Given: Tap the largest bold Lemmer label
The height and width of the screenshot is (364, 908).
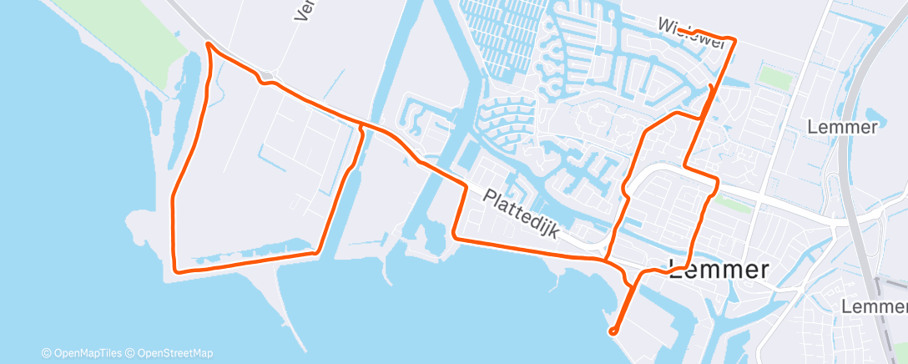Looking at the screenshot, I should tap(719, 270).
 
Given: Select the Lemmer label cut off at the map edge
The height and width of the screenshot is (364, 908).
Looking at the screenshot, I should tap(874, 307).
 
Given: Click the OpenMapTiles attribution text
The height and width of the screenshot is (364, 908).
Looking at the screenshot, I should tap(87, 353).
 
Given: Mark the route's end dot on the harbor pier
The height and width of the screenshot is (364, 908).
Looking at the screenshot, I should tap(613, 331).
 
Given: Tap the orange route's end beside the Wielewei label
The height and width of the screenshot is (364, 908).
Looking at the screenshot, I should tap(678, 30).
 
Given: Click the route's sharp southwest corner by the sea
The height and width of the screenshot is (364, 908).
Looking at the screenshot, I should tap(174, 270).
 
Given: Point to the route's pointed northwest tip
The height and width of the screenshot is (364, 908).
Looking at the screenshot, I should tap(207, 46).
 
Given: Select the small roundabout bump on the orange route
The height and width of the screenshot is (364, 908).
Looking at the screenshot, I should tap(267, 80).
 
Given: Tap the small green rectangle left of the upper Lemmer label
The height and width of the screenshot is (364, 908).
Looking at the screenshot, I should tap(775, 78).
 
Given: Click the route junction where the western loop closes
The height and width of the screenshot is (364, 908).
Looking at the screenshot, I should tap(361, 125).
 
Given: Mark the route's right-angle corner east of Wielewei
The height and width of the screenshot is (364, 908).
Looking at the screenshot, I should tap(734, 38).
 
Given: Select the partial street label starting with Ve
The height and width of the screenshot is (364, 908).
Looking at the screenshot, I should tap(300, 10).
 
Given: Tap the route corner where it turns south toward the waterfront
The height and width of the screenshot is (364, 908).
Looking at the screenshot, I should tap(465, 184).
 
